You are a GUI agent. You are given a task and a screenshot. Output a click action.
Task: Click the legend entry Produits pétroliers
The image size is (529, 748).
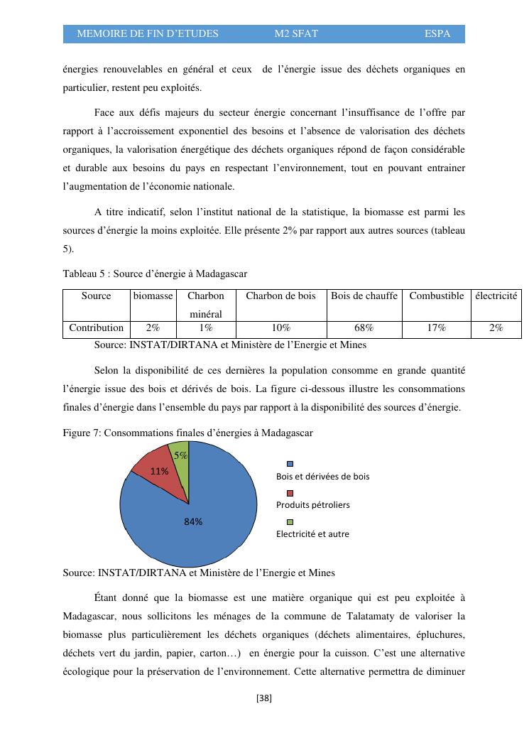312,504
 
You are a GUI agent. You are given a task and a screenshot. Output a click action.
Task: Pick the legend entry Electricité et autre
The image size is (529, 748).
312,533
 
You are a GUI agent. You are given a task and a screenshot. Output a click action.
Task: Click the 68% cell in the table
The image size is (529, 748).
364,328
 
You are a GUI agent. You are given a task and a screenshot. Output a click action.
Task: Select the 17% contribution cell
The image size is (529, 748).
436,328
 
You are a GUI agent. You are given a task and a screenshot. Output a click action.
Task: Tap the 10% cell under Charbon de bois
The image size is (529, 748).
280,328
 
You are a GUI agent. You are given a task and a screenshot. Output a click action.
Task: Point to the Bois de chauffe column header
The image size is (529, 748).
364,296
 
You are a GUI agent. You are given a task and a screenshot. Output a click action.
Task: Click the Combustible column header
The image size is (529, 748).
436,296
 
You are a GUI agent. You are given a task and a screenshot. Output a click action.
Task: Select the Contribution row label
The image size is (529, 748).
96,328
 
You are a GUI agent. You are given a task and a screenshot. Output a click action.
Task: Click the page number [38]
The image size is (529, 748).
264,698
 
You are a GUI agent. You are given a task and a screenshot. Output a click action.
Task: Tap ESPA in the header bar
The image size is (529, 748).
437,34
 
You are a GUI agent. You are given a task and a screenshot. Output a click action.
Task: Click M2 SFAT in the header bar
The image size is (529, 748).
296,34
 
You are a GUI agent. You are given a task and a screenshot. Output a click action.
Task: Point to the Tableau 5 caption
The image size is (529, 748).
155,273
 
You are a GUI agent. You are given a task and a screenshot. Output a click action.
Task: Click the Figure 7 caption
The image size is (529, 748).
187,433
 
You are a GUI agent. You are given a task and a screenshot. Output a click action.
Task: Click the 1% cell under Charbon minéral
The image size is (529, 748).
206,328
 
